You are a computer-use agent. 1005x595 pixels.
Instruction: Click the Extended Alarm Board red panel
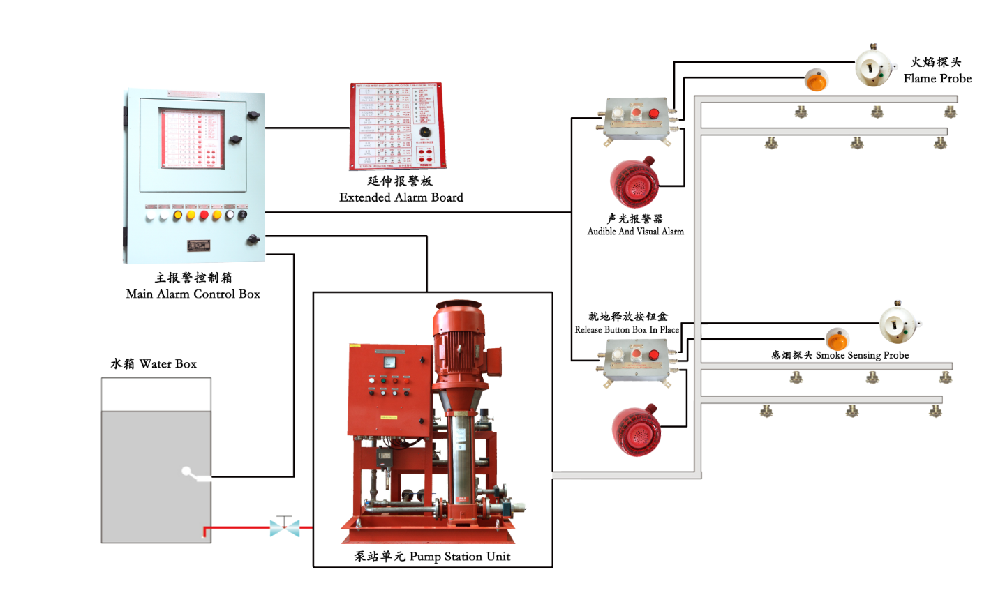tap(397, 126)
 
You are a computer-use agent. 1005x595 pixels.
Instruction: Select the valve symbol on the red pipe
tap(285, 527)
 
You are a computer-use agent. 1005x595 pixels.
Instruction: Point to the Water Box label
tap(154, 364)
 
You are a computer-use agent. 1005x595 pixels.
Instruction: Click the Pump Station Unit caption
tap(432, 557)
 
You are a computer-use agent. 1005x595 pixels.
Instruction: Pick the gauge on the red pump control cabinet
tap(389, 362)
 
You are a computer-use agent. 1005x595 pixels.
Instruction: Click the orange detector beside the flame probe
tap(815, 80)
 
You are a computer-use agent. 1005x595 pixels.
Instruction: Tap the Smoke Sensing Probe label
tap(840, 355)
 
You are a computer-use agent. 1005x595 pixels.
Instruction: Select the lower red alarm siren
tap(636, 430)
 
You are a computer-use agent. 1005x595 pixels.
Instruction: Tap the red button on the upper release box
tap(654, 114)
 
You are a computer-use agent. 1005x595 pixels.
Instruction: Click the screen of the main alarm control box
tap(193, 139)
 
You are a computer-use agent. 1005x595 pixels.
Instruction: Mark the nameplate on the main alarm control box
tap(199, 246)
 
